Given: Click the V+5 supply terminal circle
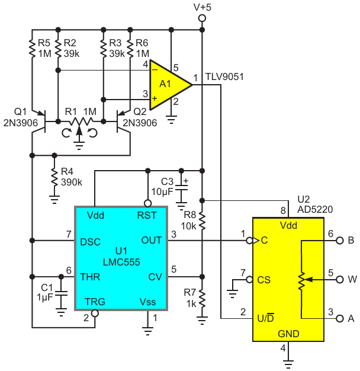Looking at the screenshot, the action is [202, 18].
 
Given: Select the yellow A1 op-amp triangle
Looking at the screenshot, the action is [170, 85].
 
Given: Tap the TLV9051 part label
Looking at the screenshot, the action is [224, 76].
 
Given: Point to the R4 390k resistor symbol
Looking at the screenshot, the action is [54, 177].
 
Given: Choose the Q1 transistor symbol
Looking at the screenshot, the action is [39, 121].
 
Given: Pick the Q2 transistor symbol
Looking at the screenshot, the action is [123, 121].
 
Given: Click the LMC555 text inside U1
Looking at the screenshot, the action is [121, 262].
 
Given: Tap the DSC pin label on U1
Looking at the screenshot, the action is [90, 242].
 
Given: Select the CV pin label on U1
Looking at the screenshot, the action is [155, 277].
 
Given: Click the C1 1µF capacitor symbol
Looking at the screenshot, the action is [61, 293].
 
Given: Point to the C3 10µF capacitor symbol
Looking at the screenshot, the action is [181, 188].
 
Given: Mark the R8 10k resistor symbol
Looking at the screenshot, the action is [202, 220].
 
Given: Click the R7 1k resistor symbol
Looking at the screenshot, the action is [202, 298].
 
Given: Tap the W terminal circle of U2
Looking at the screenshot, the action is [339, 279].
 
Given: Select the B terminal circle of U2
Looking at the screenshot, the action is [339, 241].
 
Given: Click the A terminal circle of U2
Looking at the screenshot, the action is [339, 318].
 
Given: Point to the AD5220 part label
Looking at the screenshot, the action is [315, 209].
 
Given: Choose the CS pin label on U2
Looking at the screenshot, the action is [264, 280].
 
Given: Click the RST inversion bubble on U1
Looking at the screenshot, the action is [148, 203].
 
